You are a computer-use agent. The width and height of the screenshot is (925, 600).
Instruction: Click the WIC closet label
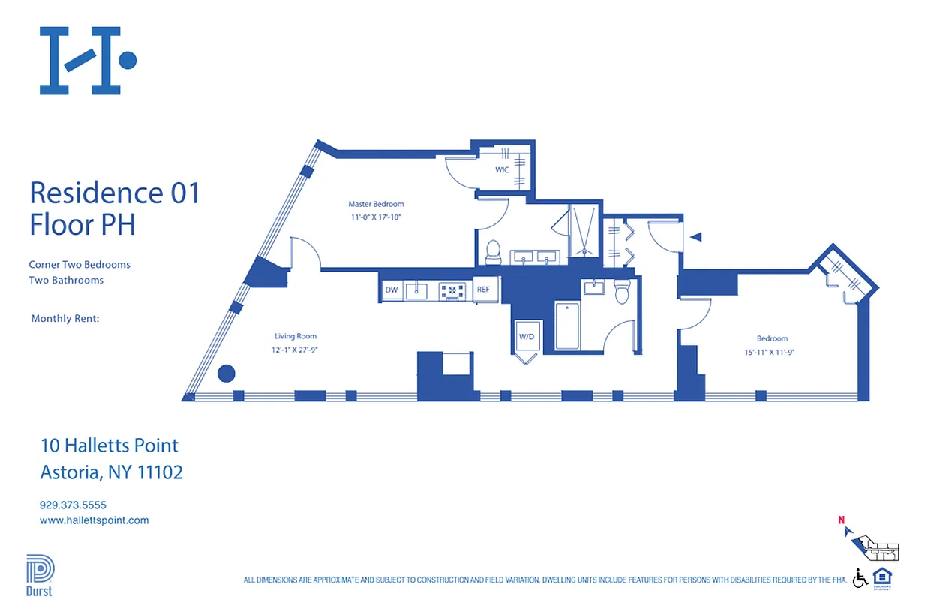click(502, 170)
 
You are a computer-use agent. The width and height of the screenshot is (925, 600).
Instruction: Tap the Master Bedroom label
click(376, 204)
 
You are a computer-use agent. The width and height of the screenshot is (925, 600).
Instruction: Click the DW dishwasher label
click(391, 289)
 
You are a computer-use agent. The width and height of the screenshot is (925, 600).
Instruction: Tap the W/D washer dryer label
click(527, 337)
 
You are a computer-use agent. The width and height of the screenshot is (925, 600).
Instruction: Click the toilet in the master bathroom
click(493, 252)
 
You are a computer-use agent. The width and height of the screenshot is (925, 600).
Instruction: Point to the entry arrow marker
click(695, 237)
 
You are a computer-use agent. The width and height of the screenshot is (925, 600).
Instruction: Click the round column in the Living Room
click(226, 373)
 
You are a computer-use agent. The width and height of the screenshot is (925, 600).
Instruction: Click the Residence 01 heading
click(115, 193)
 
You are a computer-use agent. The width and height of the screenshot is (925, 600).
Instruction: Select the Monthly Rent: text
click(65, 319)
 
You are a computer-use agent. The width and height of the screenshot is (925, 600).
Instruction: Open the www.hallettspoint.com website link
click(94, 520)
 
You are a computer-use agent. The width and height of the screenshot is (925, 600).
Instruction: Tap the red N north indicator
click(842, 520)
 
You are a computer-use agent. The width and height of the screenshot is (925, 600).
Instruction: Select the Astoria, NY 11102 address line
click(111, 472)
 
